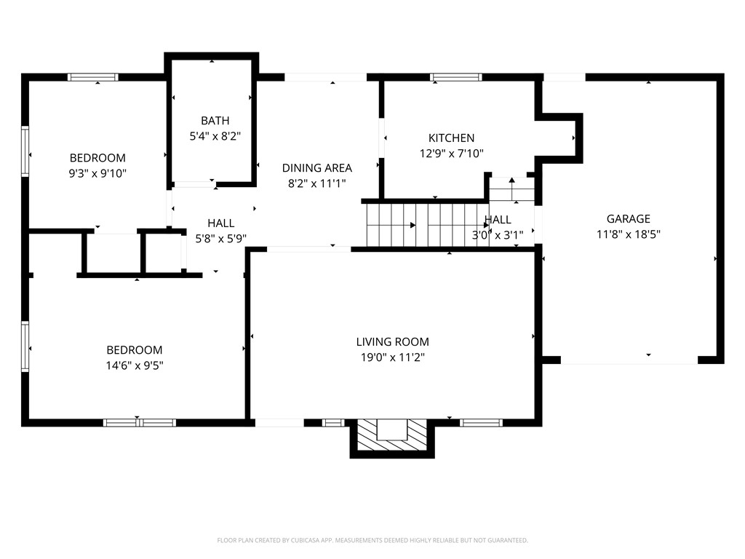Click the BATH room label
(215, 121)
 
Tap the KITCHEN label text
(451, 138)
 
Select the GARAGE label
(628, 218)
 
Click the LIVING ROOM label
(392, 342)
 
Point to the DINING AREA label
(317, 168)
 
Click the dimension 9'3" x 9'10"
(97, 173)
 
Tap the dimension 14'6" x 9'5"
(135, 365)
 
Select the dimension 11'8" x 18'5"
(628, 234)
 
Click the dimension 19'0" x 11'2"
(392, 357)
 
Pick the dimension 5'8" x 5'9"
(221, 239)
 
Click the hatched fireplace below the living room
(392, 435)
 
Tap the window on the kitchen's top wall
(455, 77)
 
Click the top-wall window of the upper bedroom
(92, 77)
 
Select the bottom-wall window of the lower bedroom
(140, 423)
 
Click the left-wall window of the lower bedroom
(25, 346)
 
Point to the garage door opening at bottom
(629, 360)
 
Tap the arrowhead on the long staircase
(413, 225)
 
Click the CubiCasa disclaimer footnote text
(372, 541)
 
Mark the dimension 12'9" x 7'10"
(451, 154)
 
